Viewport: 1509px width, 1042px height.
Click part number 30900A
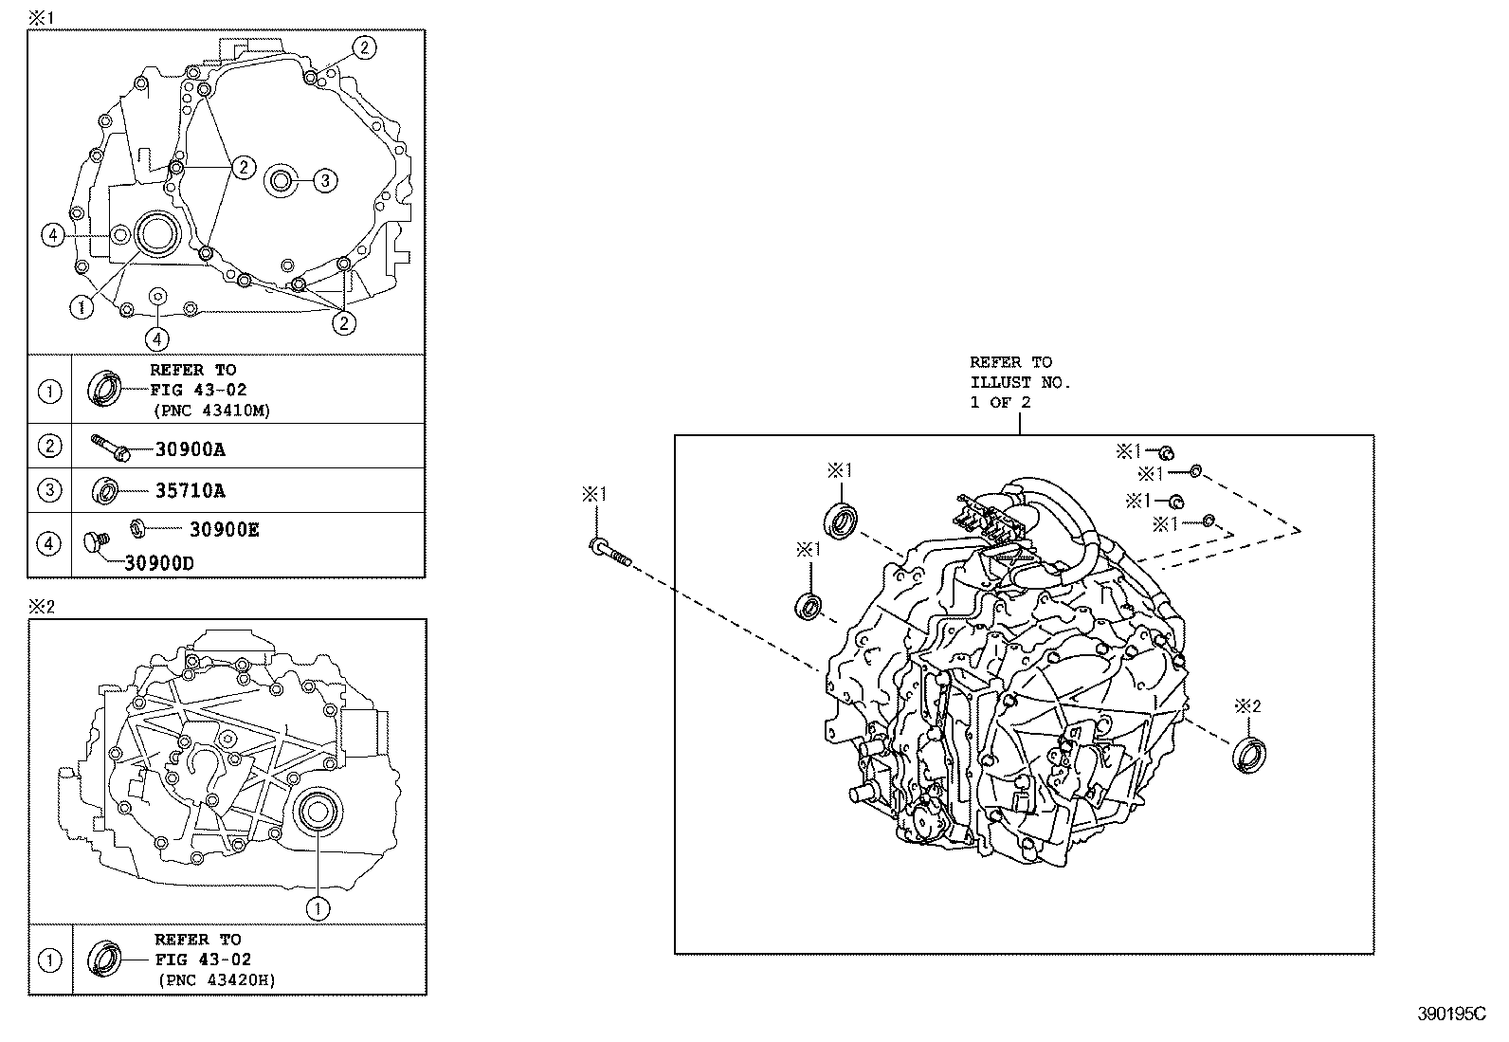[190, 450]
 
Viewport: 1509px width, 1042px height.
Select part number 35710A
[190, 491]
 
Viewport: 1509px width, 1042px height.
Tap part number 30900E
[224, 530]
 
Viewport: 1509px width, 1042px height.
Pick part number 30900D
[158, 562]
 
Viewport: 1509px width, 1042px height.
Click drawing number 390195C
[1451, 1014]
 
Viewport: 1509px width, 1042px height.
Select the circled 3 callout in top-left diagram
[324, 180]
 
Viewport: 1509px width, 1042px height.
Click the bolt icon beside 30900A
[110, 447]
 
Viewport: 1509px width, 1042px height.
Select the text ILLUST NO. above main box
[1019, 382]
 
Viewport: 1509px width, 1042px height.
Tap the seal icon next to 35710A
[105, 491]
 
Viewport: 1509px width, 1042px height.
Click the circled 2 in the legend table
[50, 446]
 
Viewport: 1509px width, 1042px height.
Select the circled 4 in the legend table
[50, 543]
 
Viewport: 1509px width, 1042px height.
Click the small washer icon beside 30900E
[137, 526]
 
